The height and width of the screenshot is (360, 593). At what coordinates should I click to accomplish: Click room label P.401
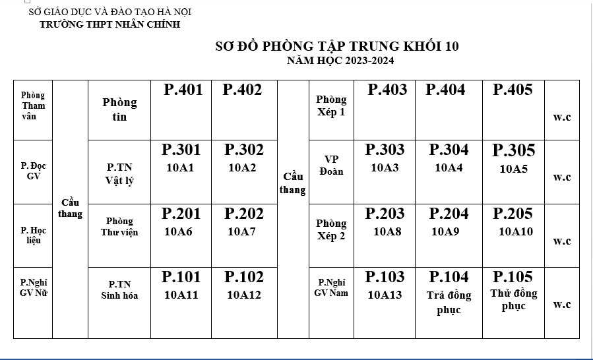pyautogui.click(x=183, y=90)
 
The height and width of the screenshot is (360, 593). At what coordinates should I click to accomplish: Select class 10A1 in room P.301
pyautogui.click(x=180, y=168)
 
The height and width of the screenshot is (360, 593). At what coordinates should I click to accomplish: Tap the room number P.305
pyautogui.click(x=514, y=151)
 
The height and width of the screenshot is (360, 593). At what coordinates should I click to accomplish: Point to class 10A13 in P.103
pyautogui.click(x=385, y=295)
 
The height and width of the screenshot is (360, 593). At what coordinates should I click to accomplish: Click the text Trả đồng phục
pyautogui.click(x=449, y=302)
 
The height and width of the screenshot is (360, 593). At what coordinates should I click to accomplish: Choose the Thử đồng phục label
pyautogui.click(x=514, y=299)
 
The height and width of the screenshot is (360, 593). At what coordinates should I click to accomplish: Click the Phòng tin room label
pyautogui.click(x=119, y=109)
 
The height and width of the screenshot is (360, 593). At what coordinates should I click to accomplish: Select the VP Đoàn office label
pyautogui.click(x=331, y=165)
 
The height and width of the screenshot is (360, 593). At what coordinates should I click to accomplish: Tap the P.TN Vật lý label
pyautogui.click(x=119, y=174)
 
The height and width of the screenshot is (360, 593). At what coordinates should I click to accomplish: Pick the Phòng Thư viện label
pyautogui.click(x=119, y=227)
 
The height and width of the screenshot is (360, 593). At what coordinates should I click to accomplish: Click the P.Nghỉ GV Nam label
pyautogui.click(x=331, y=287)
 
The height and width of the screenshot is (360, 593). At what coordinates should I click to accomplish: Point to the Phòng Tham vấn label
pyautogui.click(x=33, y=105)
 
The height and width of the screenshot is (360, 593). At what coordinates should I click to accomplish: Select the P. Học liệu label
pyautogui.click(x=33, y=235)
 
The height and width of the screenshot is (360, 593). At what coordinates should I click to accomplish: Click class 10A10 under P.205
pyautogui.click(x=515, y=231)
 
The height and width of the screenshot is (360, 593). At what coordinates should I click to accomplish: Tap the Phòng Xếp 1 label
pyautogui.click(x=331, y=105)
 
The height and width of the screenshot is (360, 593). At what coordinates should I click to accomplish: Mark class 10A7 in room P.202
pyautogui.click(x=241, y=231)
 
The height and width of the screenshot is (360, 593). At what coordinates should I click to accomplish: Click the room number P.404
pyautogui.click(x=445, y=90)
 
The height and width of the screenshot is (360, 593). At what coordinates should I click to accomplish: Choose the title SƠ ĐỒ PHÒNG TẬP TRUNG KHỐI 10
pyautogui.click(x=337, y=47)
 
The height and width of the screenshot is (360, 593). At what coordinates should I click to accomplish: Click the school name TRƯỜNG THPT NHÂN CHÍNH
pyautogui.click(x=109, y=24)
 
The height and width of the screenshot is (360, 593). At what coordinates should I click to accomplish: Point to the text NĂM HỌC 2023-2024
pyautogui.click(x=340, y=61)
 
